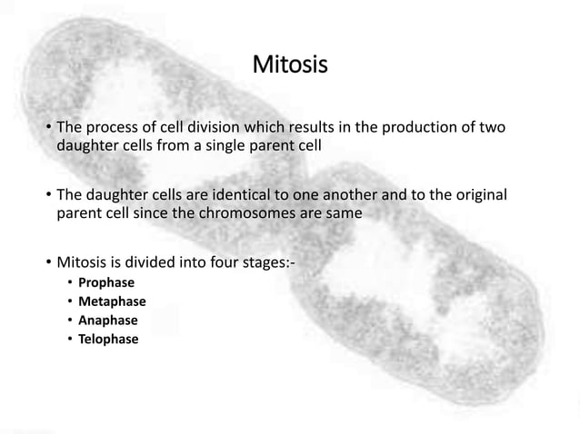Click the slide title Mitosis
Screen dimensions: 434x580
289,66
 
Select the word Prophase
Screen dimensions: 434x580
106,283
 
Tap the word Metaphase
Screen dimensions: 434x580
112,301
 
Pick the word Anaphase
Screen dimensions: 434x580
108,321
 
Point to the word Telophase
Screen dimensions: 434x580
109,340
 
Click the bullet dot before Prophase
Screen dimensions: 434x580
69,283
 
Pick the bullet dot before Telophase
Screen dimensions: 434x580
69,340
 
